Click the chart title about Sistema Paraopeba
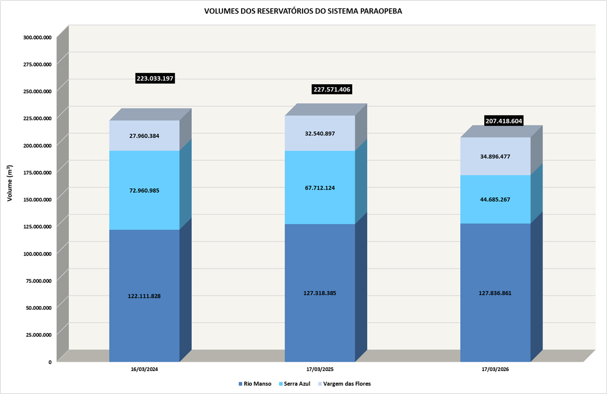tap(303, 11)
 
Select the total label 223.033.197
tap(155, 79)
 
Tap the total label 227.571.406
tap(332, 90)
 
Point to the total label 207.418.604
tap(504, 121)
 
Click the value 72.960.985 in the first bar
tap(144, 190)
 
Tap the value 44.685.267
tap(495, 199)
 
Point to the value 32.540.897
tap(320, 133)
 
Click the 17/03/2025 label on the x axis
tap(320, 370)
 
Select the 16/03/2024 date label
tap(144, 370)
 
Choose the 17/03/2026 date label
tap(495, 370)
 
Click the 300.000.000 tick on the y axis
tap(37, 37)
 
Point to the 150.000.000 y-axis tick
tap(37, 199)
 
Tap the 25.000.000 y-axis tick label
tap(38, 335)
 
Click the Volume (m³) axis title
tap(9, 183)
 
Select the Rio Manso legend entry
tap(255, 384)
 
